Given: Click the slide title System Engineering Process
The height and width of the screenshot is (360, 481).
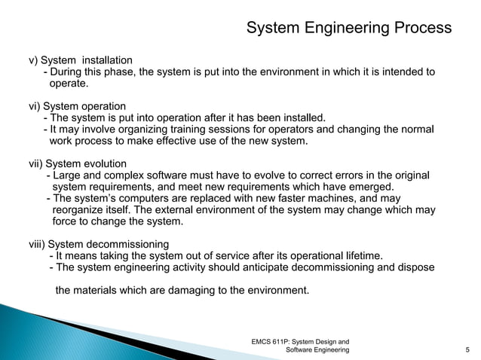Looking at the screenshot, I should point(349,29).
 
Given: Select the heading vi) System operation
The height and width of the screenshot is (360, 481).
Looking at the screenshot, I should point(77,106).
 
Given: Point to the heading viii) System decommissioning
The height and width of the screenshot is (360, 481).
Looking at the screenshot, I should point(99,244).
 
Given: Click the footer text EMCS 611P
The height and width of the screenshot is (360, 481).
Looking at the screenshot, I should point(271,341).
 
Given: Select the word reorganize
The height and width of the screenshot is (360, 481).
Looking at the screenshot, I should point(82,210).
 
